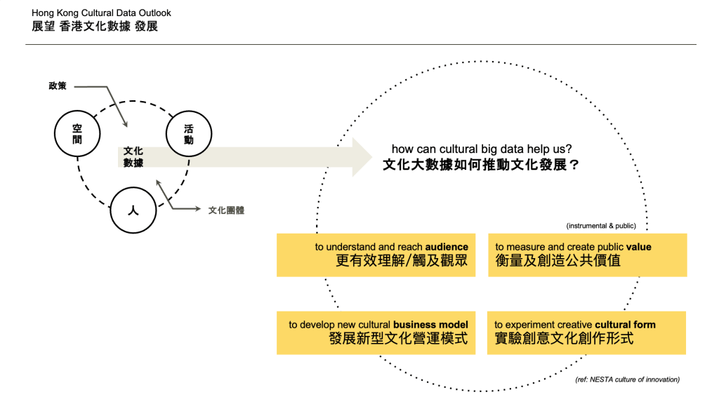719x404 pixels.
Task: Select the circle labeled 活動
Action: pyautogui.click(x=188, y=134)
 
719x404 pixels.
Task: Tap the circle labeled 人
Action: pyautogui.click(x=133, y=210)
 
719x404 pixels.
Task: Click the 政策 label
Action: pyautogui.click(x=58, y=86)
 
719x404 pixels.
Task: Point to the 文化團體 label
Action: pyautogui.click(x=226, y=210)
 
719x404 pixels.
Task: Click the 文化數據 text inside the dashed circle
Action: pyautogui.click(x=133, y=156)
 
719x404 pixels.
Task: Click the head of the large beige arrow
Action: pyautogui.click(x=362, y=157)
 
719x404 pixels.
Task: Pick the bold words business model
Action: pyautogui.click(x=430, y=325)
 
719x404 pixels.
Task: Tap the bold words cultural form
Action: pyautogui.click(x=625, y=325)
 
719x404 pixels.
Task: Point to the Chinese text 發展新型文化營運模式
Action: pyautogui.click(x=398, y=339)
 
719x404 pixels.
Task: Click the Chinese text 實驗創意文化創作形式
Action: pyautogui.click(x=564, y=339)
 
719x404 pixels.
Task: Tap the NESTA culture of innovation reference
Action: pyautogui.click(x=627, y=379)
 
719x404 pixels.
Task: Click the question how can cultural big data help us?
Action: pyautogui.click(x=482, y=149)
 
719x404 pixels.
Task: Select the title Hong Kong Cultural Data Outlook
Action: pyautogui.click(x=101, y=13)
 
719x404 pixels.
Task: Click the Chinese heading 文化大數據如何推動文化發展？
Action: pyautogui.click(x=482, y=166)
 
